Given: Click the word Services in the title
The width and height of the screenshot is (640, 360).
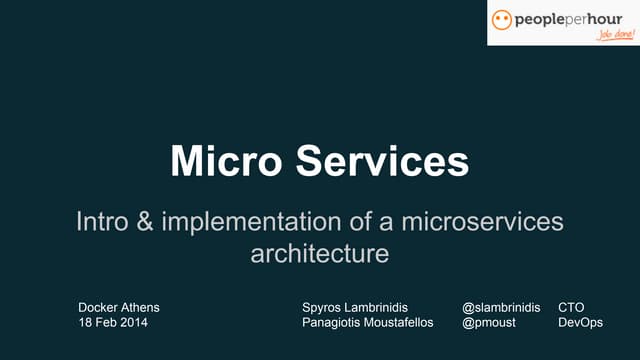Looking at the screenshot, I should click(x=381, y=161).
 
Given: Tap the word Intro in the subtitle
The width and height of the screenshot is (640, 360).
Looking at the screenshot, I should click(x=105, y=222).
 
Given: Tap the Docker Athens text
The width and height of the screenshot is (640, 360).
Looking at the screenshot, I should click(x=119, y=307).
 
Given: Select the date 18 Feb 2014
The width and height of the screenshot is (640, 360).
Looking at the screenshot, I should click(x=114, y=324).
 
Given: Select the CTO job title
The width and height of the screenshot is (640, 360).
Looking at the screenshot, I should click(x=571, y=307).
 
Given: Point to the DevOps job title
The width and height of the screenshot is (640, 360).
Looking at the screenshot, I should click(x=579, y=324).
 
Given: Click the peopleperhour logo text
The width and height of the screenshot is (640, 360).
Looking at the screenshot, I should click(x=567, y=19).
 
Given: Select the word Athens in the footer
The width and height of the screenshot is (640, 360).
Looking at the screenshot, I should click(x=139, y=307).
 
